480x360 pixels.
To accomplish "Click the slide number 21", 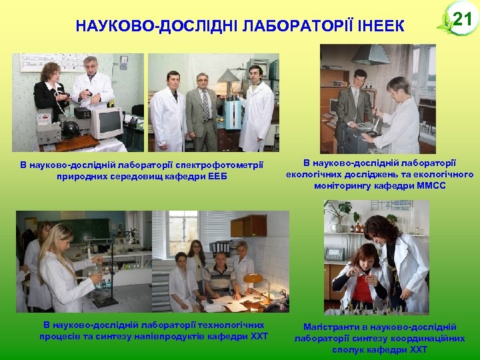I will pos(462,19).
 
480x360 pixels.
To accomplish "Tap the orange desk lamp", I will pos(253,279).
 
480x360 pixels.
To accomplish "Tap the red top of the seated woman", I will pos(363,292).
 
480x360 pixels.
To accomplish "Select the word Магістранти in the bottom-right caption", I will pos(333,327).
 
